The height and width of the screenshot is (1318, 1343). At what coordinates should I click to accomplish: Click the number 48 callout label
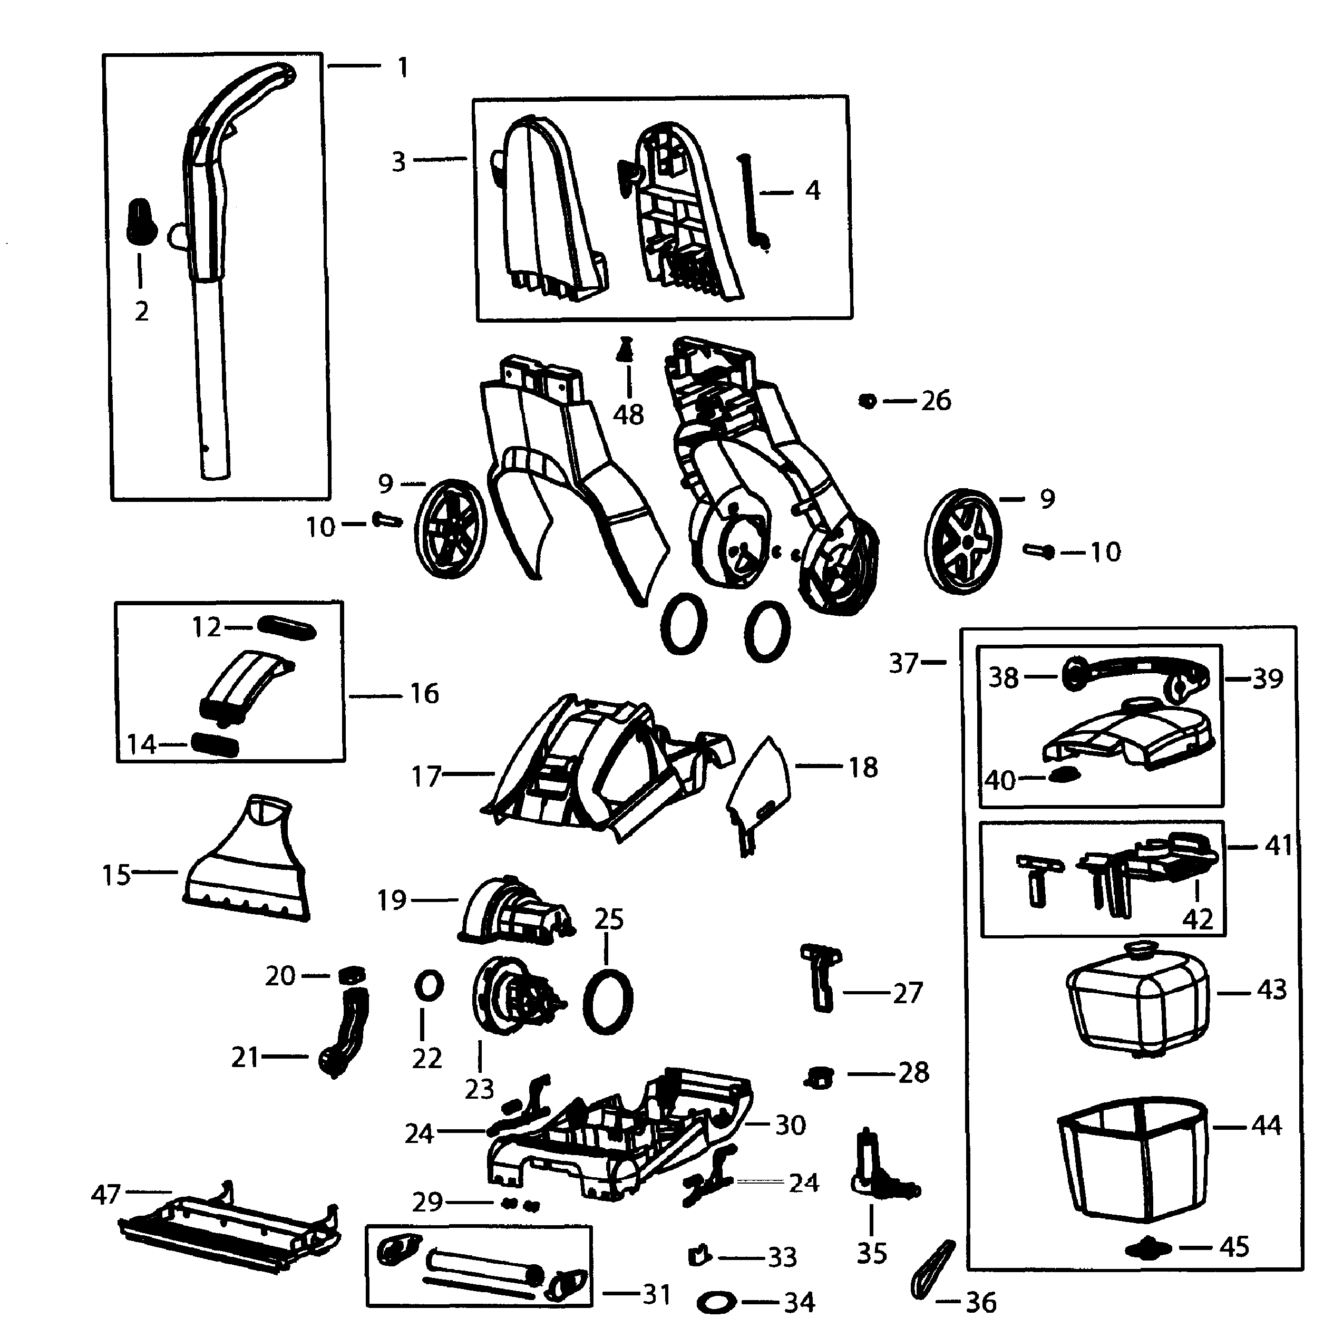628,415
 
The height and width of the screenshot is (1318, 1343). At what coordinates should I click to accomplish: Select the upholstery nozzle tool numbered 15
246,865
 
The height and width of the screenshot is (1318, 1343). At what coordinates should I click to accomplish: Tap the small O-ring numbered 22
429,986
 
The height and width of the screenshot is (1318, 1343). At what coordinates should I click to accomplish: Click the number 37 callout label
903,663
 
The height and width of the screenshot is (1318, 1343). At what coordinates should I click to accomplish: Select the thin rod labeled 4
753,201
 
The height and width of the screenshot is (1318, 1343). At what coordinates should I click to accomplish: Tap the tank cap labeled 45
1148,1248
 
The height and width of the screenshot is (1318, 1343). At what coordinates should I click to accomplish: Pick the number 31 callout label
656,1293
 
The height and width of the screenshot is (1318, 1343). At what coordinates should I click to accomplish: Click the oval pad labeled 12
286,628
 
